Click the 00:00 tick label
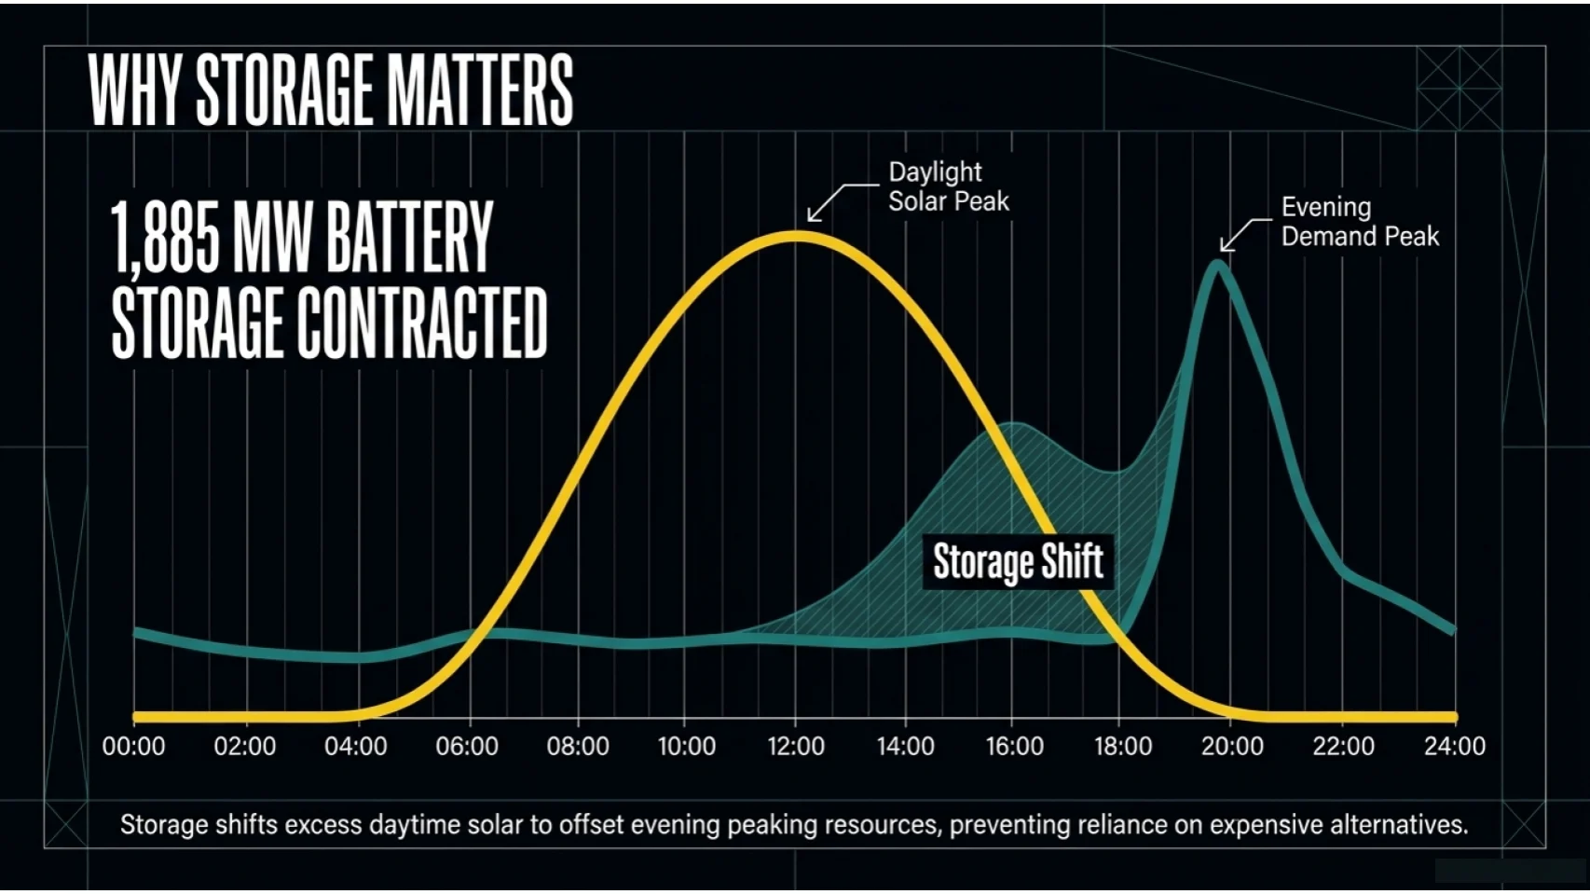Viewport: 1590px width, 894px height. coord(133,747)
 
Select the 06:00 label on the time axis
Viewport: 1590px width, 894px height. coord(467,747)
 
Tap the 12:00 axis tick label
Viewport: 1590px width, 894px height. coord(796,747)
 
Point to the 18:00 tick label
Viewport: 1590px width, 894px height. coord(1123,747)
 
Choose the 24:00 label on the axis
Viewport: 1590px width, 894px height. coord(1455,747)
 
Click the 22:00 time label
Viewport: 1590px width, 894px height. coord(1343,747)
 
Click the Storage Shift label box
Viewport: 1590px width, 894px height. coord(1018,562)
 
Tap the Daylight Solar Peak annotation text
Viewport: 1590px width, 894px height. coord(948,186)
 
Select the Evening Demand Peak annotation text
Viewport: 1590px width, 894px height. coord(1359,222)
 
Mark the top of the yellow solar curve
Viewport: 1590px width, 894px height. coord(795,237)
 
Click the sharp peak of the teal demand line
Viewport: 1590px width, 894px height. coord(1217,266)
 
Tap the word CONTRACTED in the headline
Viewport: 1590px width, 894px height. coord(422,323)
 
